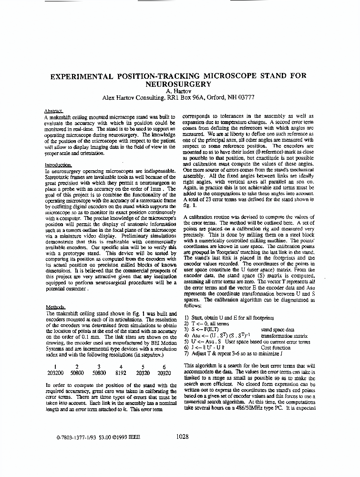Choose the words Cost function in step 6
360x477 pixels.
click(x=275, y=348)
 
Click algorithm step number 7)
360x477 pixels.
click(x=186, y=353)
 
